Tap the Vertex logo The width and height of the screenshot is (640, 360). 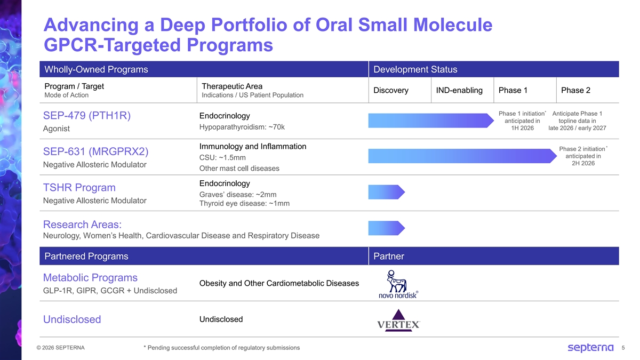click(x=398, y=319)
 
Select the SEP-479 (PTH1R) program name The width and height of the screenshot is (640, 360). click(x=87, y=116)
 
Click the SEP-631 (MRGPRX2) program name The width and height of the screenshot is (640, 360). click(x=95, y=151)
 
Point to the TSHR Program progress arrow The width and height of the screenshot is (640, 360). click(x=387, y=192)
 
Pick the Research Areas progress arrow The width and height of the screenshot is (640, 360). click(x=387, y=228)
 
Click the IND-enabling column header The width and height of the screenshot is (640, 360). click(x=459, y=90)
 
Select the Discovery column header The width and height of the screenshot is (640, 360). click(x=391, y=90)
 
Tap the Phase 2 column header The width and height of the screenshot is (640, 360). click(x=575, y=90)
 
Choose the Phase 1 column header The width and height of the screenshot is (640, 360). click(x=513, y=90)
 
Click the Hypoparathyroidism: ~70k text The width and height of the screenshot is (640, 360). click(x=242, y=127)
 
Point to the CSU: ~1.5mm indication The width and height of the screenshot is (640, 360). click(x=222, y=157)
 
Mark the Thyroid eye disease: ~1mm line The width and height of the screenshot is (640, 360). click(x=244, y=203)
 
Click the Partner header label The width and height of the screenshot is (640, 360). click(x=389, y=257)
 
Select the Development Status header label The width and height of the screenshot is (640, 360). click(x=415, y=70)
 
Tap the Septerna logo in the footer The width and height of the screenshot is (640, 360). click(x=590, y=348)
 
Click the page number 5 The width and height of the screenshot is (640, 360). click(x=624, y=348)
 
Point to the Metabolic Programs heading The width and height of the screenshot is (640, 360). click(x=90, y=277)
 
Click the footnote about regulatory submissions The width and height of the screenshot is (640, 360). click(x=221, y=348)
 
